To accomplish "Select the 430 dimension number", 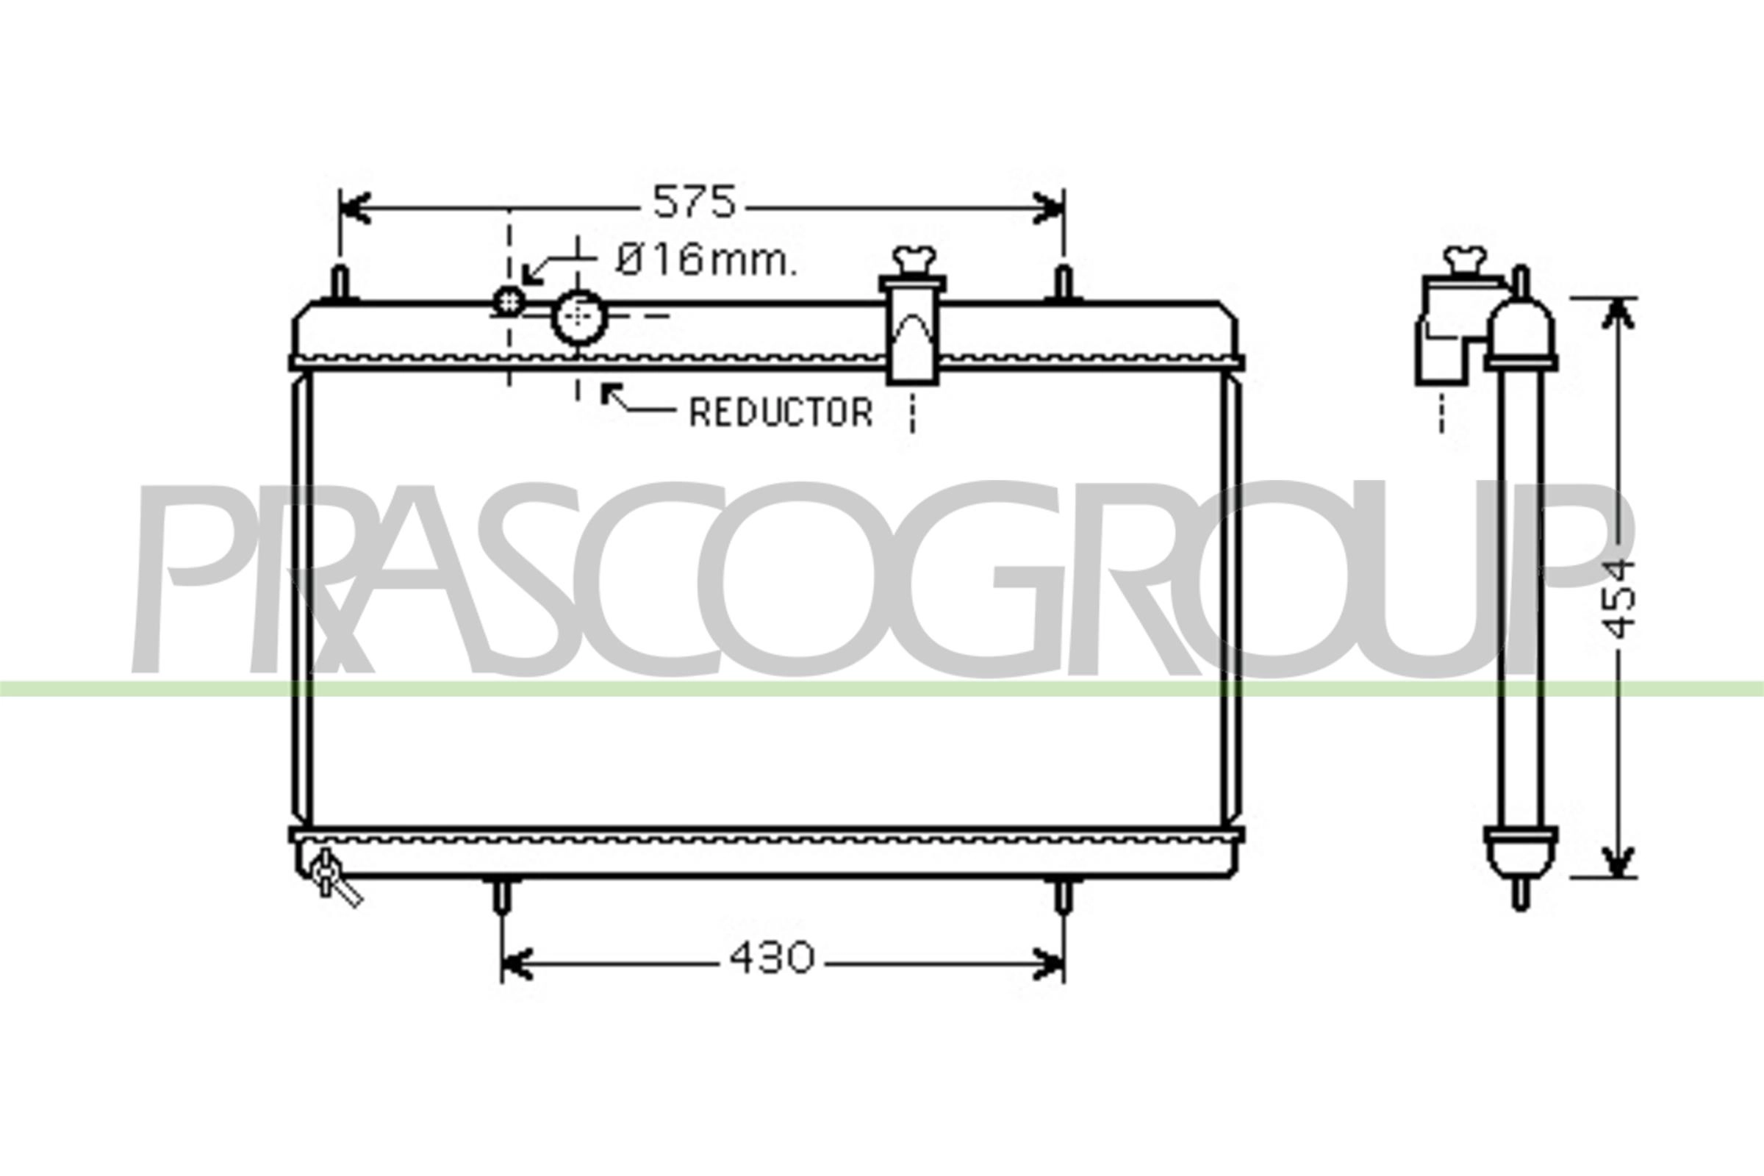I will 772,958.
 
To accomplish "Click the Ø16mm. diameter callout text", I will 706,261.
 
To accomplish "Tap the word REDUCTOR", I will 781,412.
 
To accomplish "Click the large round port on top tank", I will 578,318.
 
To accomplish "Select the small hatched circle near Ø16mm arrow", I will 509,301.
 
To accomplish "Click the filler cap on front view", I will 914,261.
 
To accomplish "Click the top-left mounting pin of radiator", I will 340,284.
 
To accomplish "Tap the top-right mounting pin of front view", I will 1064,284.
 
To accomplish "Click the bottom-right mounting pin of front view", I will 1064,896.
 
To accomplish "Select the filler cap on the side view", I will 1465,260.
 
